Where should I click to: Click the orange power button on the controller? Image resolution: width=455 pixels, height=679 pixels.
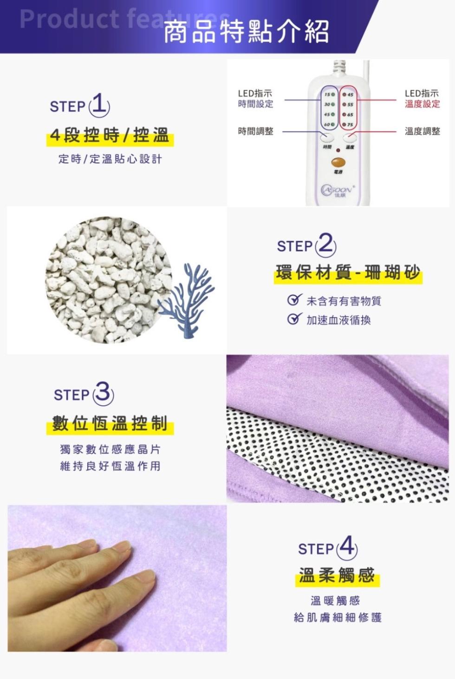click(338, 163)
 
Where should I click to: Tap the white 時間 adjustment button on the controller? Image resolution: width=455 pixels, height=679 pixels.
click(327, 137)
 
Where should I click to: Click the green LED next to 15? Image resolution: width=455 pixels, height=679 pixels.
click(333, 95)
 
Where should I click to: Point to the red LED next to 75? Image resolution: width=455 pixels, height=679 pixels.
click(344, 125)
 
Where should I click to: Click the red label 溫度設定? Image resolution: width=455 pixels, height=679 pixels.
click(422, 104)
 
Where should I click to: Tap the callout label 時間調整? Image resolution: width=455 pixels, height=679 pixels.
click(255, 132)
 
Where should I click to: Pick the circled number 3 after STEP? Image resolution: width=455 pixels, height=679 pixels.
click(103, 394)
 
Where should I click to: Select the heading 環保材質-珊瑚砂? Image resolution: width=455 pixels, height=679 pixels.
click(348, 273)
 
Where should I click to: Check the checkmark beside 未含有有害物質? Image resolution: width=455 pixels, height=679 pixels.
click(293, 300)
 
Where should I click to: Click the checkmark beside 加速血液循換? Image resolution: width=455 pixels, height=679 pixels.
click(293, 319)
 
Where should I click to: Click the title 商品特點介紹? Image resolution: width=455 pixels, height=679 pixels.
click(246, 32)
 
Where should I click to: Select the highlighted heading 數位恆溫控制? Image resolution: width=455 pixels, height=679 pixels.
click(110, 424)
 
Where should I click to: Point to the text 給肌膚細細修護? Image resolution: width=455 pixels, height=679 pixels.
click(338, 618)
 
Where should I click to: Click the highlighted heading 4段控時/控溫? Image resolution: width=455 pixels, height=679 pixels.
click(110, 136)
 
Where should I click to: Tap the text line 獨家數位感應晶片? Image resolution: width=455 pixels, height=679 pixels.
click(110, 449)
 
